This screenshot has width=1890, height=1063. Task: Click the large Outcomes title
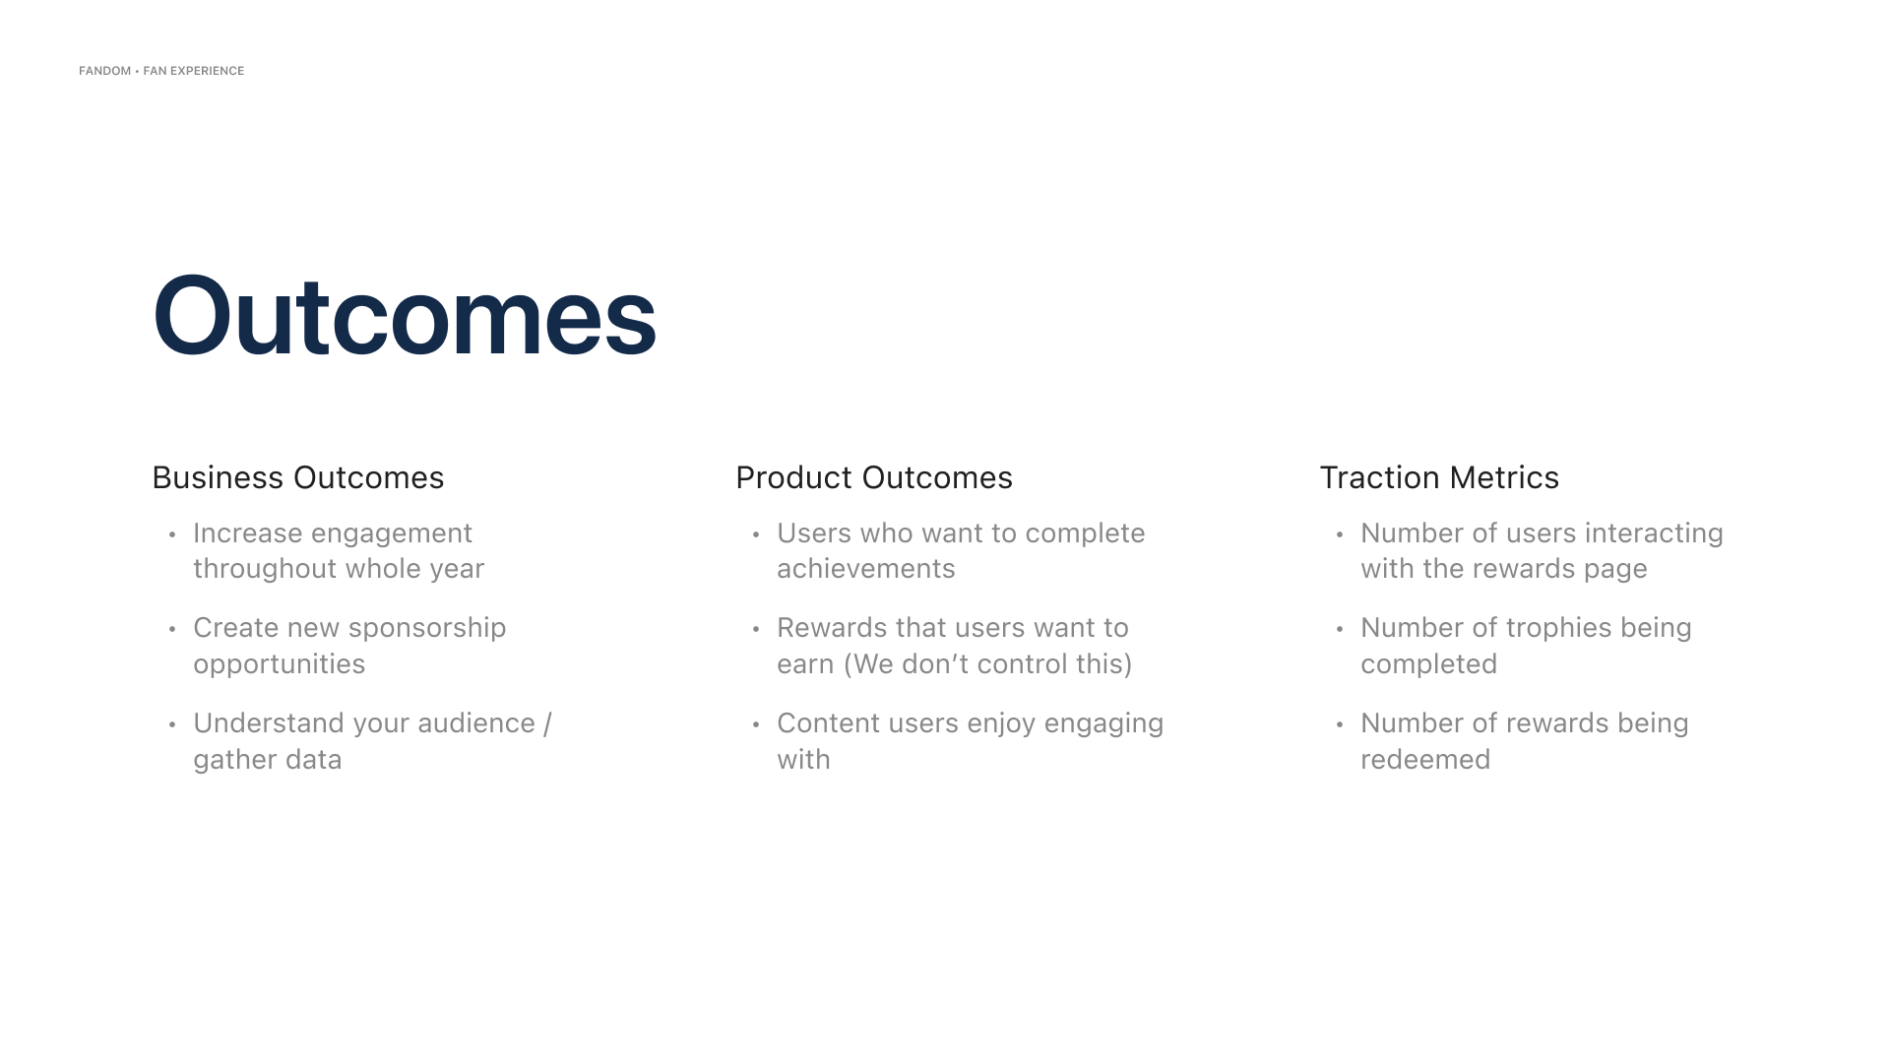pos(404,315)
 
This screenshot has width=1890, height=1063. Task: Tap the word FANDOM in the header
pos(104,71)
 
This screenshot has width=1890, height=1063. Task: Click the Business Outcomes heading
pos(298,477)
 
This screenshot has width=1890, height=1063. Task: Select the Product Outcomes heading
pos(874,477)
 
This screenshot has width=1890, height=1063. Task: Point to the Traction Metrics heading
pos(1439,477)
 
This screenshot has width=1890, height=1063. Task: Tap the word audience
pos(476,723)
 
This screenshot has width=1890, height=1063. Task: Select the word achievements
pos(866,569)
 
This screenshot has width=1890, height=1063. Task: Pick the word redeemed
pos(1425,760)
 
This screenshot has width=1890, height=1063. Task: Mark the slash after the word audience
pos(547,724)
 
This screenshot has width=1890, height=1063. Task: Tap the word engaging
pos(1103,724)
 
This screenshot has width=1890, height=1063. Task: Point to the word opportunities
pos(280,665)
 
